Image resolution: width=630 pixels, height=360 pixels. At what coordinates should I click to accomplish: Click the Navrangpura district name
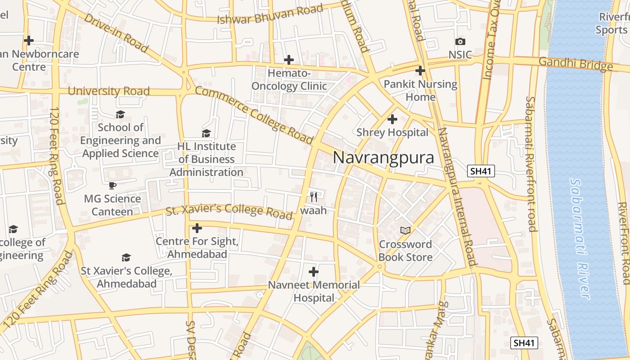point(383,157)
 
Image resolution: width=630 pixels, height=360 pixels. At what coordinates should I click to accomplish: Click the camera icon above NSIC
point(460,42)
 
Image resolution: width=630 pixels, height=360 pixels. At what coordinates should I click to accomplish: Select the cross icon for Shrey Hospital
point(392,119)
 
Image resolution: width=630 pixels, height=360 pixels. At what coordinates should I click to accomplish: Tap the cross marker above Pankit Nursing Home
point(420,71)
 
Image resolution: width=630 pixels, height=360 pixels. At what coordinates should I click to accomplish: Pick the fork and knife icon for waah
point(314,197)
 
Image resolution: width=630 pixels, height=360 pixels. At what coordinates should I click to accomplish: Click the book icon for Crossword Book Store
point(405,230)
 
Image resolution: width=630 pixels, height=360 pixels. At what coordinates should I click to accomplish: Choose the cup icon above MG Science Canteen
point(112,185)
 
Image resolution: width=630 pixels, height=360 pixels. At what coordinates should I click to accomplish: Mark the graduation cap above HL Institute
point(206,133)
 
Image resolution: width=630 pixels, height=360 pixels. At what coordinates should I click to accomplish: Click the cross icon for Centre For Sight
point(197,228)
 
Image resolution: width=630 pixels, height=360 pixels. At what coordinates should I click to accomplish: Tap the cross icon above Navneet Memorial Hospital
point(314,272)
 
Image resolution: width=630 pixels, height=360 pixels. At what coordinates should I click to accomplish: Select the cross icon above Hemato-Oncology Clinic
point(288,59)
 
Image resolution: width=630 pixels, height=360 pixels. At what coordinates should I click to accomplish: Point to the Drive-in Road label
point(116,32)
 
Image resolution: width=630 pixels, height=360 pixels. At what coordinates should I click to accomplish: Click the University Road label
point(108,91)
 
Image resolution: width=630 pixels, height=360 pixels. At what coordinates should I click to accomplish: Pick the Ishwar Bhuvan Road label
point(270,14)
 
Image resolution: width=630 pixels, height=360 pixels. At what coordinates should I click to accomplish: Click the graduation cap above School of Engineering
point(120,114)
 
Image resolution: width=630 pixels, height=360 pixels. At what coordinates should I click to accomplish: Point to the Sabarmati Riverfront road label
point(531,164)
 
